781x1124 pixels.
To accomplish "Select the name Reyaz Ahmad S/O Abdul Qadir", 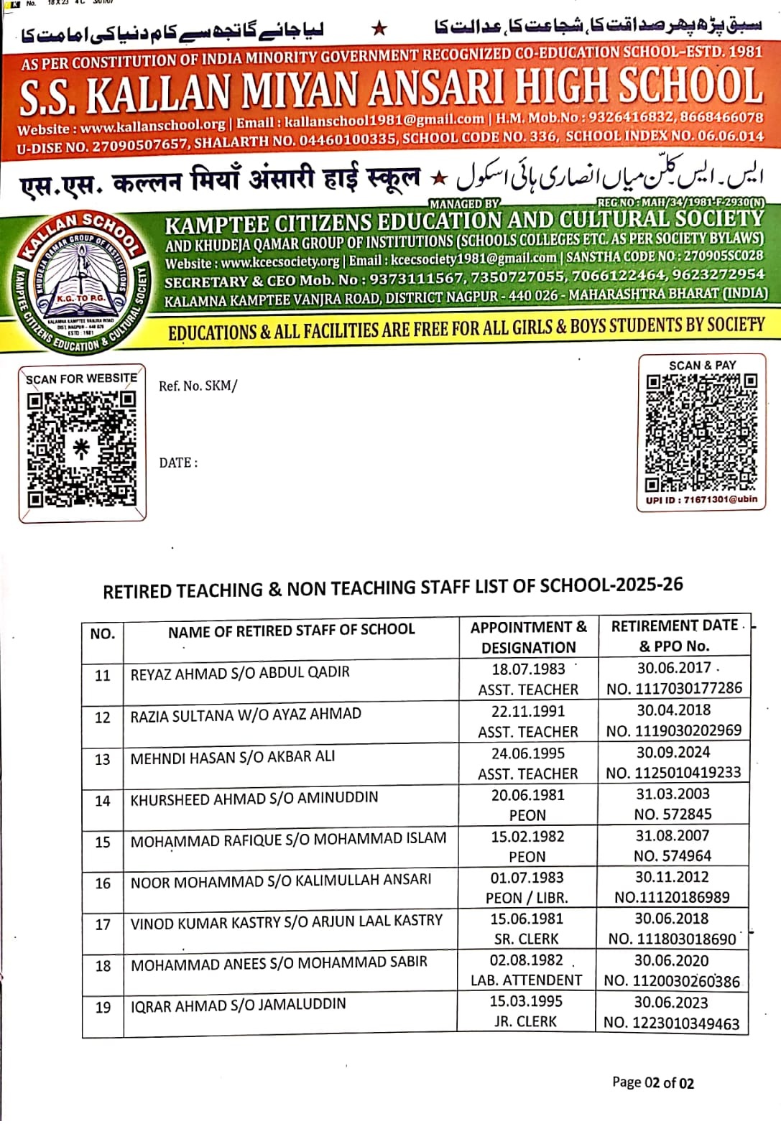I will (240, 672).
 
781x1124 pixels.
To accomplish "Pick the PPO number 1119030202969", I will (674, 730).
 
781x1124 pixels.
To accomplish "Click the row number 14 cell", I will (103, 801).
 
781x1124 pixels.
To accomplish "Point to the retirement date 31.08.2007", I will (673, 836).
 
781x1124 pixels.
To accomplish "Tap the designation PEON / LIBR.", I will (527, 898).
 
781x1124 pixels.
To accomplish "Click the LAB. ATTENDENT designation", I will (527, 980).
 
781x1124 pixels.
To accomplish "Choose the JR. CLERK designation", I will (525, 1021).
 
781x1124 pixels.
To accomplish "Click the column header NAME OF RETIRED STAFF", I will (291, 631).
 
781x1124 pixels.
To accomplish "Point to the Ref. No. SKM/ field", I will (198, 386).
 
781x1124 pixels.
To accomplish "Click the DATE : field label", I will (178, 463).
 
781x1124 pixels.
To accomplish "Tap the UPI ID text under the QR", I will (701, 500).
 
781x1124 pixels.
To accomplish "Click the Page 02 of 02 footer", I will (652, 1083).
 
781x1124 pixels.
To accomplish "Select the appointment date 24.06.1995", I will (528, 753).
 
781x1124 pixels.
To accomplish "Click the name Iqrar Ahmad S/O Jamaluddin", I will (238, 1004).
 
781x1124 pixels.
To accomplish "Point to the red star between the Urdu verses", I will (379, 29).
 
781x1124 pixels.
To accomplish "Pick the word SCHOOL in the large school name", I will (689, 86).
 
